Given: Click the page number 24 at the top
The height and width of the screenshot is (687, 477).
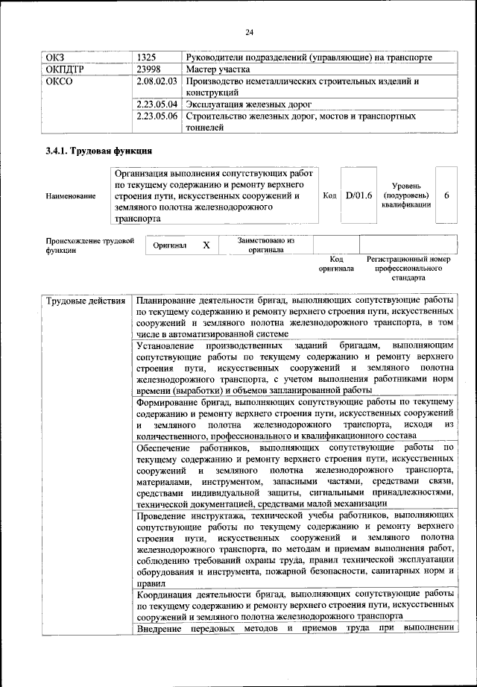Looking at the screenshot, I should [249, 31].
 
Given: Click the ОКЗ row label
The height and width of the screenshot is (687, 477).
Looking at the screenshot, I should [57, 57].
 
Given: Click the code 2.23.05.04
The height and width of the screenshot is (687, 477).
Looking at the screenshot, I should [158, 104].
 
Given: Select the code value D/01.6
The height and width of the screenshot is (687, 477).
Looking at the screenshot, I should [359, 195].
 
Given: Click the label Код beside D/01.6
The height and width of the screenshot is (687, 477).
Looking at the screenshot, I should [330, 195].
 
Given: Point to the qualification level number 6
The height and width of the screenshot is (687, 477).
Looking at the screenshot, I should [446, 195].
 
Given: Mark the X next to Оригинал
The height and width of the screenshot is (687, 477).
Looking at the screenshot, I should [206, 245].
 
